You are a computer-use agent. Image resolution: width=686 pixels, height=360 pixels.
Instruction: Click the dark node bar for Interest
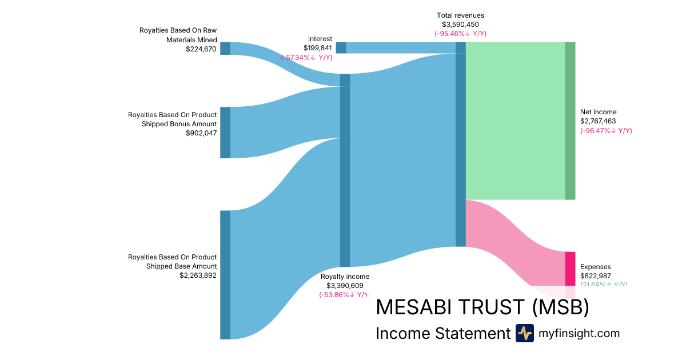[x=341, y=47]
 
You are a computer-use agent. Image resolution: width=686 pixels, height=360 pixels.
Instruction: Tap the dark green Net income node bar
[x=570, y=121]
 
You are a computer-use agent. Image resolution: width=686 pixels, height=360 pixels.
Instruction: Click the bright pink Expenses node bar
[x=570, y=269]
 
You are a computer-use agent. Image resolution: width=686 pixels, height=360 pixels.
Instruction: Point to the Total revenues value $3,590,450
[x=460, y=25]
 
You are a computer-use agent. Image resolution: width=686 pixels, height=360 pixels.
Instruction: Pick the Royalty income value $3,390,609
[x=345, y=286]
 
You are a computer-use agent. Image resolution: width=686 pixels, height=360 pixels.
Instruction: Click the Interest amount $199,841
[x=318, y=48]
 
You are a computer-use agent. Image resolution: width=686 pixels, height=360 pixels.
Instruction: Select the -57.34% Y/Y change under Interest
[x=306, y=58]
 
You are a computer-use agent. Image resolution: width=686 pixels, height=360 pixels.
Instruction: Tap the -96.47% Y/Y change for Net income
[x=606, y=131]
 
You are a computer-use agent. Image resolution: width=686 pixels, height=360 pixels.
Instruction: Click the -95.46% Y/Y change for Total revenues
[x=460, y=34]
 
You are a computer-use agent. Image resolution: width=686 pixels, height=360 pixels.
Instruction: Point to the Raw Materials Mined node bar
[x=225, y=49]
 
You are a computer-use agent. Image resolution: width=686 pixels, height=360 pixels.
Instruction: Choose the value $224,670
[x=201, y=49]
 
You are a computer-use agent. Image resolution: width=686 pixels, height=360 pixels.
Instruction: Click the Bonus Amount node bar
[x=225, y=132]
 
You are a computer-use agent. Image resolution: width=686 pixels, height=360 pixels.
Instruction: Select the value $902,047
[x=201, y=133]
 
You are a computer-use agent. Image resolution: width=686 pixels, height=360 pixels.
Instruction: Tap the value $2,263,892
[x=198, y=275]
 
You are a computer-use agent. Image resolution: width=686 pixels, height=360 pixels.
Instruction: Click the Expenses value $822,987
[x=596, y=276]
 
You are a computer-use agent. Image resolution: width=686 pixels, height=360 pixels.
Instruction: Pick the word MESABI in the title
[x=416, y=307]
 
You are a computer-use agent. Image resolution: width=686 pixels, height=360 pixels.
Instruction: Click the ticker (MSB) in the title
[x=560, y=307]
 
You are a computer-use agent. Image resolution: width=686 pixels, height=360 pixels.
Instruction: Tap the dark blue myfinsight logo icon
[x=524, y=333]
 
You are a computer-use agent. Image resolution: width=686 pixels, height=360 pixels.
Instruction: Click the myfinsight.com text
[x=579, y=333]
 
